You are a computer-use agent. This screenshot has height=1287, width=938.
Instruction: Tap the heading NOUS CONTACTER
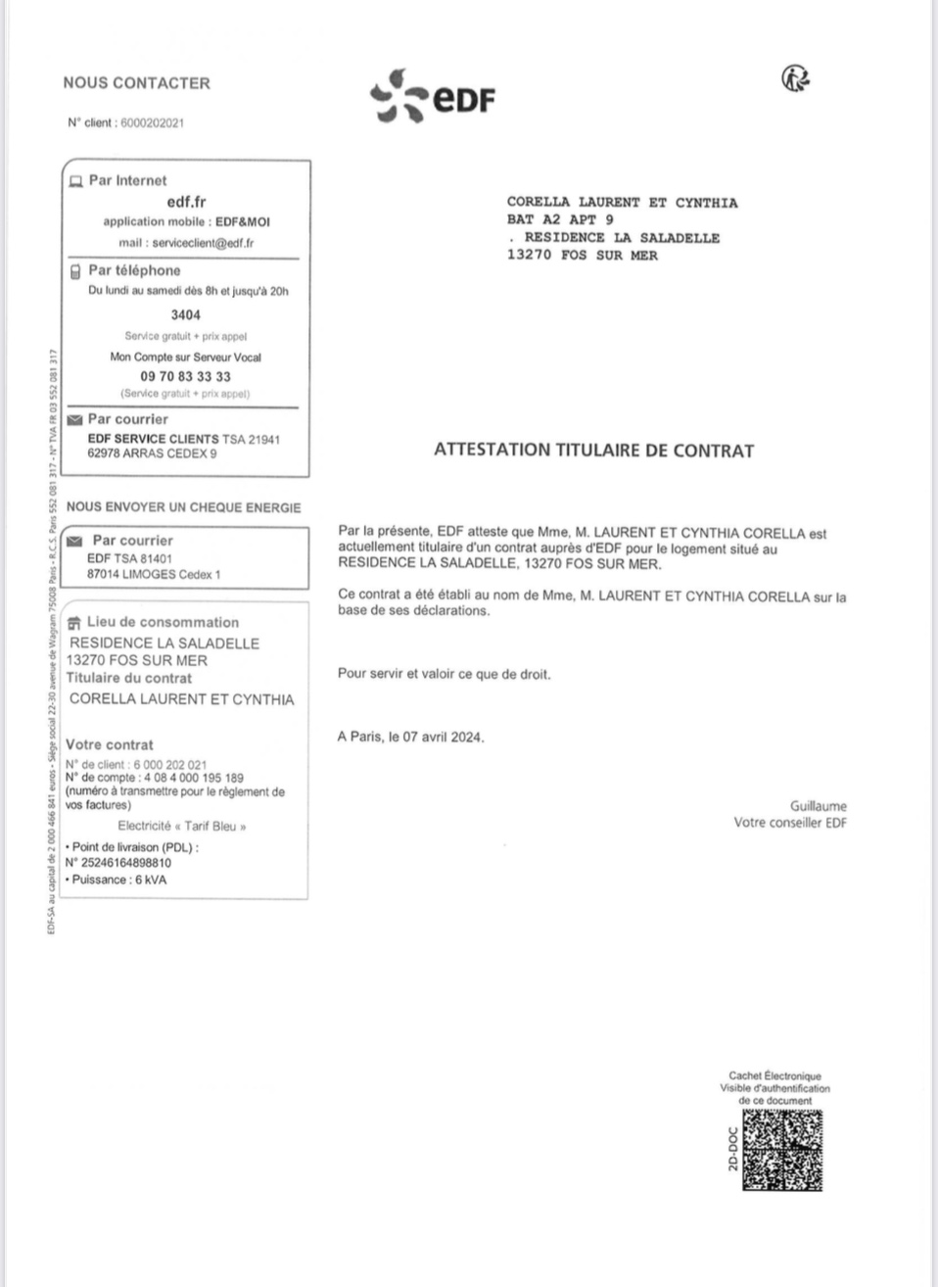[136, 83]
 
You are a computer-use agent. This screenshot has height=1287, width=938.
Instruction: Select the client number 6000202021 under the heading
[152, 123]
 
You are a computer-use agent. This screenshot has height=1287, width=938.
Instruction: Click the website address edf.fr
[186, 202]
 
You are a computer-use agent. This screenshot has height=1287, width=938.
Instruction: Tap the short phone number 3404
[185, 315]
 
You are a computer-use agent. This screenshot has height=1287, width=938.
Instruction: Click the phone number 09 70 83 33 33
[185, 376]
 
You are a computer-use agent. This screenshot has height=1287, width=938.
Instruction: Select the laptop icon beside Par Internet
[74, 181]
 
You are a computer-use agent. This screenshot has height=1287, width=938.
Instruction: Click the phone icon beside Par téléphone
[74, 271]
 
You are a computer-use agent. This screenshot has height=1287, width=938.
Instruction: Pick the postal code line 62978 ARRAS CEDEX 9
[152, 453]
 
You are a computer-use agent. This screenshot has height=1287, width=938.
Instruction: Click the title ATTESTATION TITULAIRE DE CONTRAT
[593, 451]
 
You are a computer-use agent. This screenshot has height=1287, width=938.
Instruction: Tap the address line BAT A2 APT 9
[560, 219]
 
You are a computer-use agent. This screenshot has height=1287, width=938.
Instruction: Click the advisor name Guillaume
[818, 806]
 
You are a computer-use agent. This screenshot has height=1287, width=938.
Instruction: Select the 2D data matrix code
[781, 1150]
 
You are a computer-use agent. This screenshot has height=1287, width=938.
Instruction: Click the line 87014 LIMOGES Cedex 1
[154, 574]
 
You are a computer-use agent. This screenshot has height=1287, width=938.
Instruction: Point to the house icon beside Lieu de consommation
[74, 623]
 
